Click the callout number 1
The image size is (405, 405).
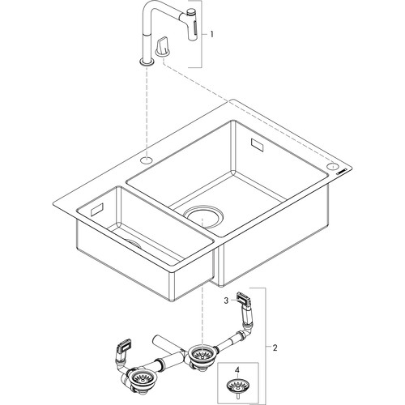coord(212,34)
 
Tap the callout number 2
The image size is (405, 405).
coord(275,347)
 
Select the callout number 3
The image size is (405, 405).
coord(227,300)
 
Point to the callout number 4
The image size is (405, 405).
coord(237,370)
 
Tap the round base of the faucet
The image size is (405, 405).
coord(147,62)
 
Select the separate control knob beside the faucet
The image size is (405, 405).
coord(163,47)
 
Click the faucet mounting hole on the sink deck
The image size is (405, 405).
coord(147,160)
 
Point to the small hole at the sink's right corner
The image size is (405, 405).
coord(332,166)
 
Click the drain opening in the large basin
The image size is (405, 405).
coord(203,215)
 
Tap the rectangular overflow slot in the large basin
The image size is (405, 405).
coord(257,145)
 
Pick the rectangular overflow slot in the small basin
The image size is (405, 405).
coord(97,210)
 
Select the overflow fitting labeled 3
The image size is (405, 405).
coord(243,299)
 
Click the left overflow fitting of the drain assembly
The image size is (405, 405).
coord(124,347)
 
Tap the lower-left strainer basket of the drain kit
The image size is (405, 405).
coord(140,378)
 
